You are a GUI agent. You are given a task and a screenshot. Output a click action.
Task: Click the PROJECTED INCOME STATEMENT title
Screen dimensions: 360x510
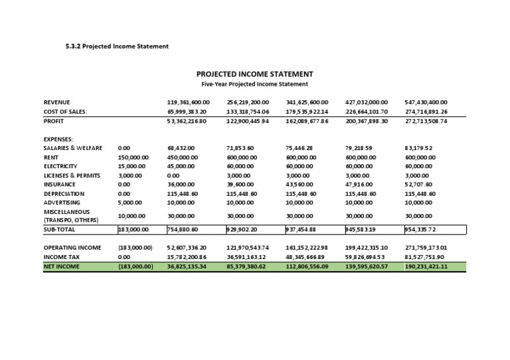point(254,74)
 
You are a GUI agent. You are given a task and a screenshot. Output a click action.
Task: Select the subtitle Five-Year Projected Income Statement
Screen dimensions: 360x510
point(254,84)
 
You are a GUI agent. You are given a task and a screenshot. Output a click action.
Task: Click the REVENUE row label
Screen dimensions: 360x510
point(57,102)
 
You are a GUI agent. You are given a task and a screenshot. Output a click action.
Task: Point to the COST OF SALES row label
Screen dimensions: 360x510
point(66,112)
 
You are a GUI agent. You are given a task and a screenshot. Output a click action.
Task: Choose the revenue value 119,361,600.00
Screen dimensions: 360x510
point(188,102)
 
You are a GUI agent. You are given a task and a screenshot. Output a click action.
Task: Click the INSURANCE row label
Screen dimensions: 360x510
point(60,184)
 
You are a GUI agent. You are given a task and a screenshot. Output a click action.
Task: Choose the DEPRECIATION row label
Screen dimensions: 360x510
point(64,193)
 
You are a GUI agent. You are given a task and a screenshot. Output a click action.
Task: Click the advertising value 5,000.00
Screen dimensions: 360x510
point(130,202)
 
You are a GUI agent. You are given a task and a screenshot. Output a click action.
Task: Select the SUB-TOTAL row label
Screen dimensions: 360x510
point(60,229)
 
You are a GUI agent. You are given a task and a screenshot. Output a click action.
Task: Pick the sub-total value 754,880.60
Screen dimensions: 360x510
point(183,229)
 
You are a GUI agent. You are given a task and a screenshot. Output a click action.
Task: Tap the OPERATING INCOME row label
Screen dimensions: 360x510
point(72,247)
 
